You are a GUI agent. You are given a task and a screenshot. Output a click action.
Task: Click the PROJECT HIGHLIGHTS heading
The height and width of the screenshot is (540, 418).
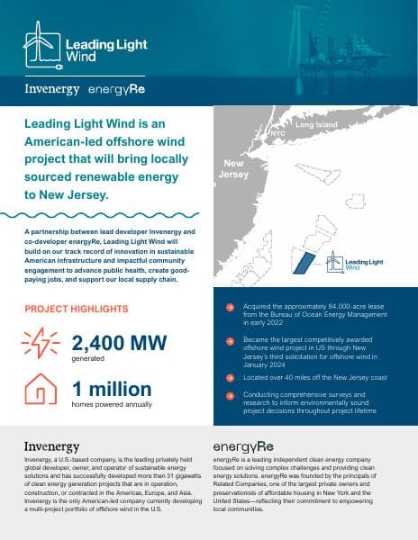tap(76, 309)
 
